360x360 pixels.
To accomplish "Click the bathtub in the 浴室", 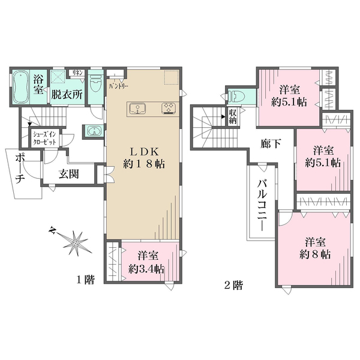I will pyautogui.click(x=22, y=87).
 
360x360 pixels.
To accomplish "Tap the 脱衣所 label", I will pyautogui.click(x=66, y=94).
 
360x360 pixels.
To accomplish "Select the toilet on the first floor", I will pyautogui.click(x=95, y=86).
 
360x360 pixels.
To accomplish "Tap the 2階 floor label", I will pyautogui.click(x=233, y=285).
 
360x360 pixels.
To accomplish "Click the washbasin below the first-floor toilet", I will pyautogui.click(x=92, y=131).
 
